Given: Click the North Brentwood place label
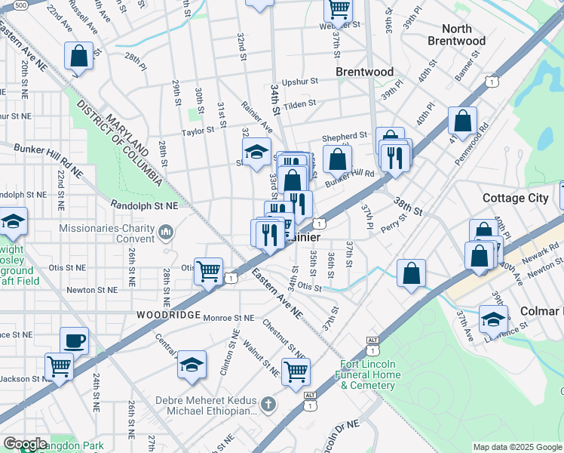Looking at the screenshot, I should pyautogui.click(x=456, y=35).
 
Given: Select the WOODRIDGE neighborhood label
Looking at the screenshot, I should pyautogui.click(x=168, y=314).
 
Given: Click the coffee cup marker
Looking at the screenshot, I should pyautogui.click(x=74, y=341).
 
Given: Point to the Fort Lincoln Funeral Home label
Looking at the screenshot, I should pyautogui.click(x=368, y=374).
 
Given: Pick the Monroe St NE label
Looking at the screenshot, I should pyautogui.click(x=230, y=319).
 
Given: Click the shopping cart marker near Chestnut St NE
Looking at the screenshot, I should pyautogui.click(x=296, y=371).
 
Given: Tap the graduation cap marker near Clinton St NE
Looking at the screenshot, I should pyautogui.click(x=192, y=364).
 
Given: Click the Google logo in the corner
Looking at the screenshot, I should pyautogui.click(x=25, y=444).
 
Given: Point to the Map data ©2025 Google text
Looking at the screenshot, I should pyautogui.click(x=516, y=447).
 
